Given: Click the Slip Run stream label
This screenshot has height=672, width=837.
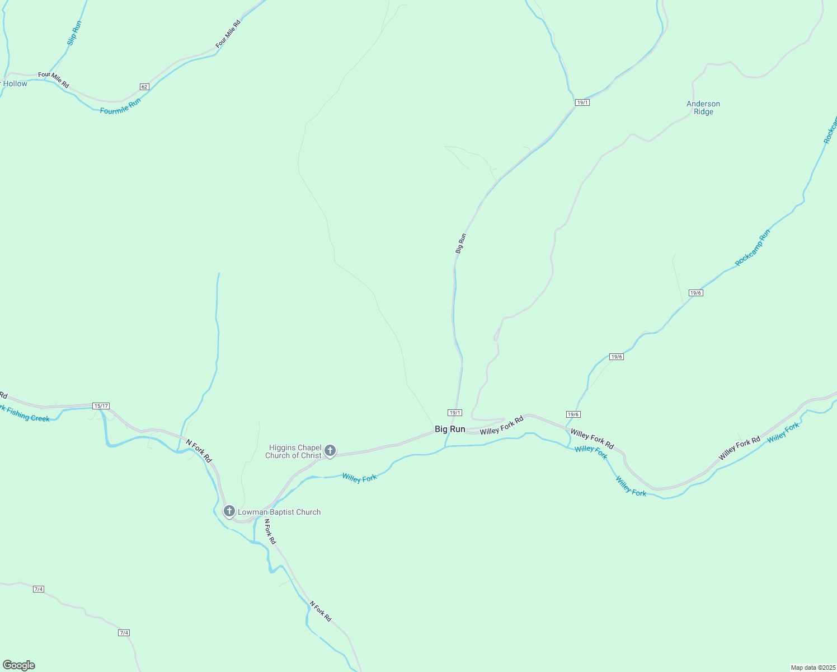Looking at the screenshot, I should pos(74,33).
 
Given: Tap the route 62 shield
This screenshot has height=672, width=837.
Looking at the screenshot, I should pos(145,87).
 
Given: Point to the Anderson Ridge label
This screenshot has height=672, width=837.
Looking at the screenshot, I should pos(703,108).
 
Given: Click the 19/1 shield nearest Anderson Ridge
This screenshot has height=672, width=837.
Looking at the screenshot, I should pos(582,102).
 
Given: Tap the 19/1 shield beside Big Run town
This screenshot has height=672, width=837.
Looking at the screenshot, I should pos(455,413).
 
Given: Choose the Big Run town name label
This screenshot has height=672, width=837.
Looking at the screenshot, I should pos(450,429).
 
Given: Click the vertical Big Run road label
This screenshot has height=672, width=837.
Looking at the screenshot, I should pos(460,244).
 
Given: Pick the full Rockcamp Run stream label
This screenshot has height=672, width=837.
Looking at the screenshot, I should pos(753,248).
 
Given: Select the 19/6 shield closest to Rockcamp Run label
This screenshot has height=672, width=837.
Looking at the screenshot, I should pos(695,293).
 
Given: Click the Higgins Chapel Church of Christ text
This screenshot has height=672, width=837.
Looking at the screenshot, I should pos(294,451).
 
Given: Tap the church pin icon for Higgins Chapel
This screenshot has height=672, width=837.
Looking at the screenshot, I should pos(330,450).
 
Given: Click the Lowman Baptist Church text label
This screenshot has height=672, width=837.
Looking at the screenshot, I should pos(279,512).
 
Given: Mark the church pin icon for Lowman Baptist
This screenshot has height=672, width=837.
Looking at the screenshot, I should pos(229,511).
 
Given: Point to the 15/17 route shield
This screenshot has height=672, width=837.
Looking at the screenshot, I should pos(101,406).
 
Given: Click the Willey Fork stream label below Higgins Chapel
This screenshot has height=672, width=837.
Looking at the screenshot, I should pos(359,478).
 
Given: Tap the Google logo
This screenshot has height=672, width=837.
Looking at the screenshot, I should pos(19,665).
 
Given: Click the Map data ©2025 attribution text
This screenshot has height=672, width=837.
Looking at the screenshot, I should pos(812,668).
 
